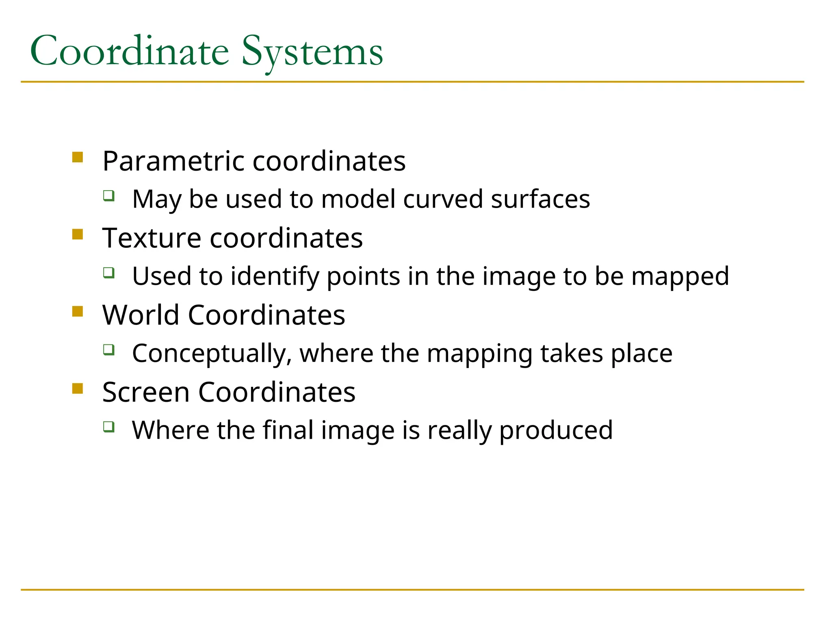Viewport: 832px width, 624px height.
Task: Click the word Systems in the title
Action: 312,52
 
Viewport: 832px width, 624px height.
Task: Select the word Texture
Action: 152,238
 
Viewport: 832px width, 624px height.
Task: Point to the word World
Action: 140,315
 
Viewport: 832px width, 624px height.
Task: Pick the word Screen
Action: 146,392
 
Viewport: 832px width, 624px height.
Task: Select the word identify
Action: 275,276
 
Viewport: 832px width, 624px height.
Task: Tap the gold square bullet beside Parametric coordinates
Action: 78,157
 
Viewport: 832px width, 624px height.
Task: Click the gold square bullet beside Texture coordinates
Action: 78,234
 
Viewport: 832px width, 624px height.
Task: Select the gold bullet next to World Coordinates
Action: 78,312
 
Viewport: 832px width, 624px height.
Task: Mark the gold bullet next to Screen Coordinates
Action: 78,389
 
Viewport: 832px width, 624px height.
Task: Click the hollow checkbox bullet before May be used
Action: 108,196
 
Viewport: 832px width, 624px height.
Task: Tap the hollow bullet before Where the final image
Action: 108,427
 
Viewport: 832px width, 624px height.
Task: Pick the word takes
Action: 572,353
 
